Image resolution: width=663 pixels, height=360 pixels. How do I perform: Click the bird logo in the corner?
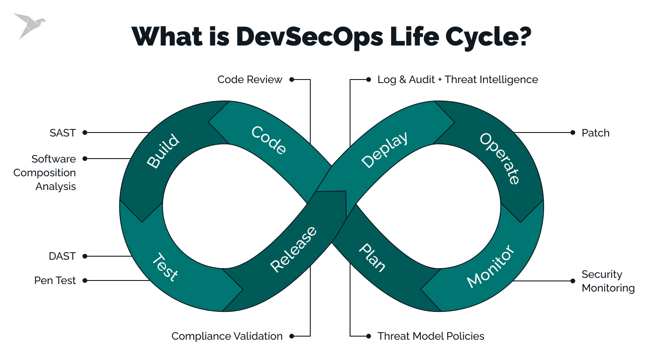(29, 25)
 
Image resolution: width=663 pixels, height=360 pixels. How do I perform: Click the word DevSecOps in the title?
(309, 37)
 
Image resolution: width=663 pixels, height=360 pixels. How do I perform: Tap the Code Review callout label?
(250, 80)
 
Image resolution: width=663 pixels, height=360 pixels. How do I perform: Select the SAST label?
(63, 133)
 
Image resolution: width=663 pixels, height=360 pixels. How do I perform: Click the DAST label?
(62, 256)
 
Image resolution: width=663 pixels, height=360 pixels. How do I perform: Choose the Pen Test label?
(55, 280)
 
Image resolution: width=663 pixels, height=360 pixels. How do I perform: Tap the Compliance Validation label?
(227, 336)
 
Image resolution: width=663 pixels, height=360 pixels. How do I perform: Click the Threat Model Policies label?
(431, 336)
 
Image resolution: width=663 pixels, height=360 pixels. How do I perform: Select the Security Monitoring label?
(608, 281)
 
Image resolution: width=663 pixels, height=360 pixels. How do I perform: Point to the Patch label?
(595, 133)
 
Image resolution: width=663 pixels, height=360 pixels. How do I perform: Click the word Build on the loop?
(163, 151)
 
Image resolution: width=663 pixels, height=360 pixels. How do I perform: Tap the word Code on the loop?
(269, 140)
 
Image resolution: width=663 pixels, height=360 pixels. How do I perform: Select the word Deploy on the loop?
(384, 150)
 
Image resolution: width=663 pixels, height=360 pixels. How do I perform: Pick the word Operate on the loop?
(500, 158)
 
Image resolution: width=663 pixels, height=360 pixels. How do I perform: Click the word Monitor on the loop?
(491, 266)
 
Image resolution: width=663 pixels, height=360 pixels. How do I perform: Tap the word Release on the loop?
(293, 249)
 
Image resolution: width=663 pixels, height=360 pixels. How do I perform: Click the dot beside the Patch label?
(573, 133)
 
